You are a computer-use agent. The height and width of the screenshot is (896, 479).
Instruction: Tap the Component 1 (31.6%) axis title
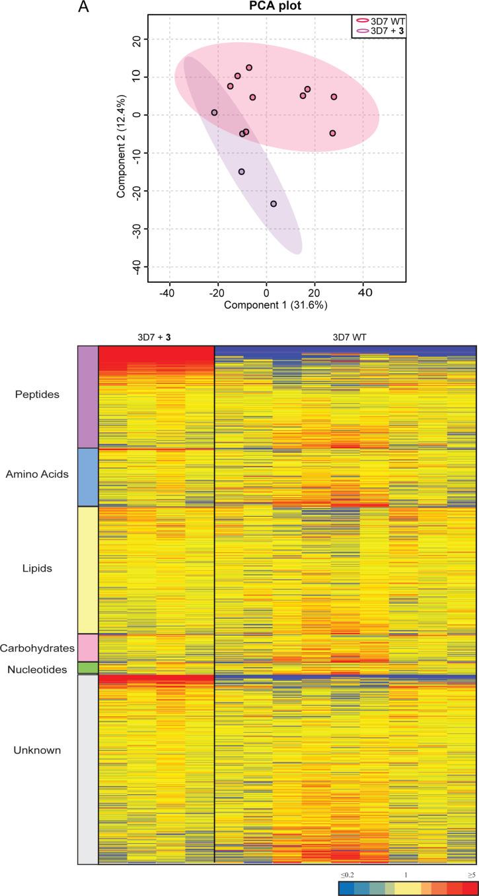tap(276, 305)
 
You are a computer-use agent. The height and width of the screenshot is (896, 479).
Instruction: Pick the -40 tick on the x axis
tap(168, 291)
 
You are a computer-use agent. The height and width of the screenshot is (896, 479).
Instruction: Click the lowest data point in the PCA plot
tap(274, 204)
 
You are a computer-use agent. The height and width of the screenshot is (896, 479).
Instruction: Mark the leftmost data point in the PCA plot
tap(214, 113)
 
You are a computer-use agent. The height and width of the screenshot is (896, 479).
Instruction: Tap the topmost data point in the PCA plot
tap(249, 67)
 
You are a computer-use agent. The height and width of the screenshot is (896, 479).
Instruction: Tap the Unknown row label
tap(38, 750)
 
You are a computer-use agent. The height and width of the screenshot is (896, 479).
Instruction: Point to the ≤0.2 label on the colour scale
tap(348, 875)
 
